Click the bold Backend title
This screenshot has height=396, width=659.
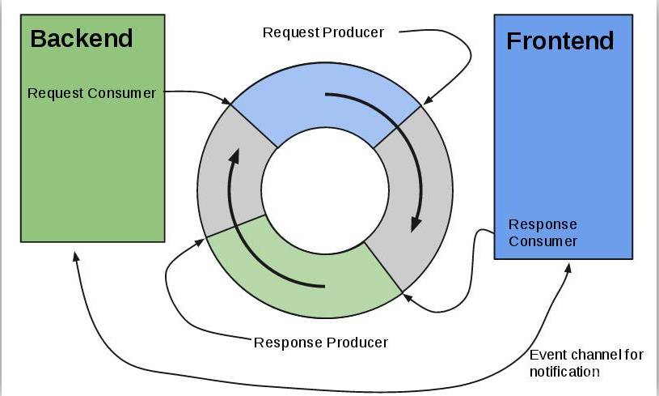(x=81, y=37)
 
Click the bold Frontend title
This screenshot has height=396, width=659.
(x=560, y=40)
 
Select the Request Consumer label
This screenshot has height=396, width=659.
(x=91, y=93)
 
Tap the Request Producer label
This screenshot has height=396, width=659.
(x=323, y=32)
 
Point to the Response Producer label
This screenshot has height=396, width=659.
(x=321, y=342)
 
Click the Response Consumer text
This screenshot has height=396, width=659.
(x=543, y=232)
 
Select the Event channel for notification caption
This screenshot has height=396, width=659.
(x=575, y=364)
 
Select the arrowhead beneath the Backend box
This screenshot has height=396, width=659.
(x=75, y=254)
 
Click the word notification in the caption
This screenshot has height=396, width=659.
(x=564, y=372)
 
